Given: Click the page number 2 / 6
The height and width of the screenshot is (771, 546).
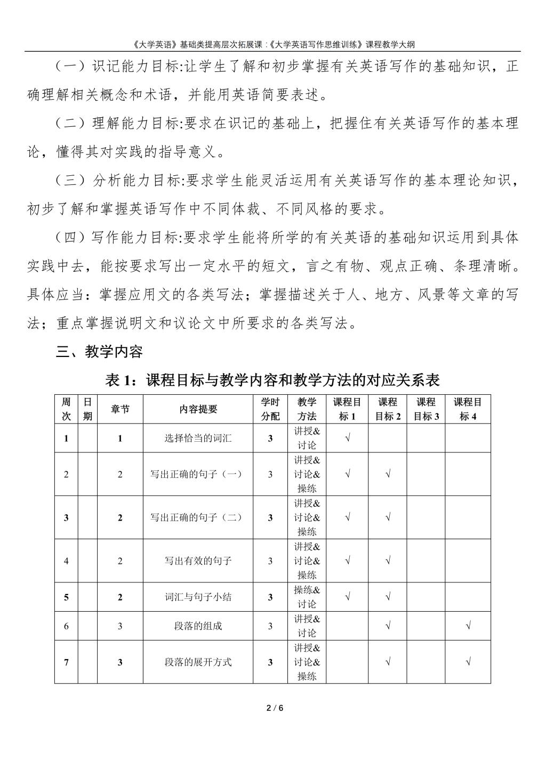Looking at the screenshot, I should coord(272,708).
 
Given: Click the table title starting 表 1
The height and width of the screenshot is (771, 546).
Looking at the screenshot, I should coord(272,380).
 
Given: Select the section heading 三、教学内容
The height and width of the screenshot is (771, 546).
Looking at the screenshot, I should coord(99,352).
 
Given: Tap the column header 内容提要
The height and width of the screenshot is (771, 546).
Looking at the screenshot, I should coord(198,409).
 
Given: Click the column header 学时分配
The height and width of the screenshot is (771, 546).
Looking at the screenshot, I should coord(270,409).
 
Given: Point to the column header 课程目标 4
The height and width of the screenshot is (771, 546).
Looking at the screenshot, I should coord(468,409).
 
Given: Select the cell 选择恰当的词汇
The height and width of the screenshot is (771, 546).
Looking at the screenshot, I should coord(198,439).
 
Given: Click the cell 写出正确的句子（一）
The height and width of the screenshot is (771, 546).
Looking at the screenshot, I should coord(198,474).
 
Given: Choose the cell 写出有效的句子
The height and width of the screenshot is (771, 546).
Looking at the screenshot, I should coord(198,561).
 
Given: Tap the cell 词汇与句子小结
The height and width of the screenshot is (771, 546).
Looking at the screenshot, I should coord(198,597).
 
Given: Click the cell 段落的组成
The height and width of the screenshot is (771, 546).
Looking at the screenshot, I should coord(198,626).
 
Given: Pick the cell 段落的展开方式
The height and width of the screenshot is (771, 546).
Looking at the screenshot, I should coord(198,662).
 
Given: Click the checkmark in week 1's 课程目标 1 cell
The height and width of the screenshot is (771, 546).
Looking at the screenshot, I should coord(348,439).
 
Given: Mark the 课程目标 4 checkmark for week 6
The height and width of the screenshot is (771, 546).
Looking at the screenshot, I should coord(468,626).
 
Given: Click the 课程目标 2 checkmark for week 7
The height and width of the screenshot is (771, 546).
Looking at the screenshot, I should coord(388,662).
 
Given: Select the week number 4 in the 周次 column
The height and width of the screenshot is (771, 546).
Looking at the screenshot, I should coord(66,561).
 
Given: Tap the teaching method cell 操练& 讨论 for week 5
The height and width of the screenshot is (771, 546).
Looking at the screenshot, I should coord(307,597).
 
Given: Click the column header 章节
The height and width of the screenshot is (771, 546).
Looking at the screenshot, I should coord(120,409).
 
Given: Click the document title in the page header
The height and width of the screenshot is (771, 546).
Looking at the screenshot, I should coord(272,44).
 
